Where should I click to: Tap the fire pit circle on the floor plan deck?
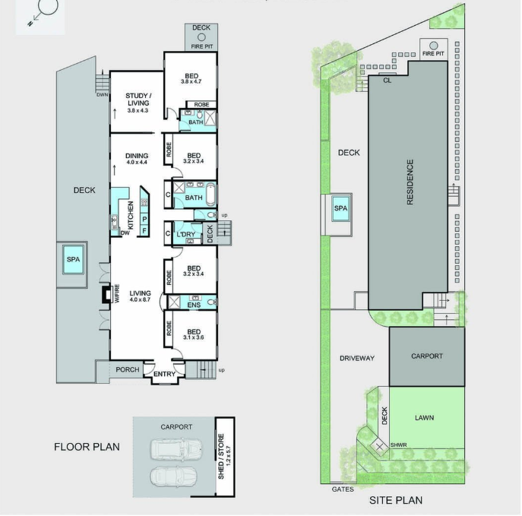click(201, 36)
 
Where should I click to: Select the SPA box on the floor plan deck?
click(73, 260)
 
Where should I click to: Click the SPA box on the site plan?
click(341, 207)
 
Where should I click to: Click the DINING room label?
click(137, 157)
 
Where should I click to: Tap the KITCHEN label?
click(131, 216)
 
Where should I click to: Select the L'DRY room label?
click(187, 234)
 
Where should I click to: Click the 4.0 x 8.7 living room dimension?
click(140, 301)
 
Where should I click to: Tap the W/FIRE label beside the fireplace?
click(116, 293)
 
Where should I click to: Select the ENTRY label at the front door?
click(164, 374)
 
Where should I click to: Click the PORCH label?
click(128, 370)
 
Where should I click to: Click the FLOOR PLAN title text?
click(87, 447)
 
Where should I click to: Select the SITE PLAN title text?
click(395, 500)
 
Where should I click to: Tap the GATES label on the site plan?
click(343, 489)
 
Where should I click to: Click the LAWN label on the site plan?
click(424, 418)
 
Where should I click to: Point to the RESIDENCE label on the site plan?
click(410, 182)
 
